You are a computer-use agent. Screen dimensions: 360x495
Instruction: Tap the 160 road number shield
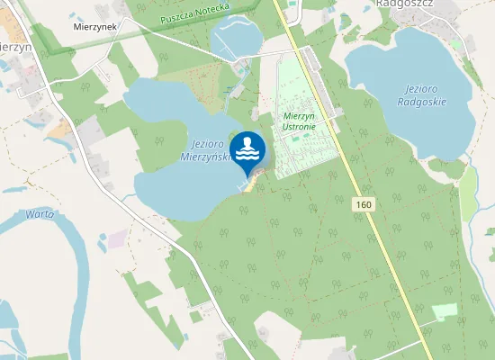point(363,205)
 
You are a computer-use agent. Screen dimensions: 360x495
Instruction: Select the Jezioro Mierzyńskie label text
point(207,150)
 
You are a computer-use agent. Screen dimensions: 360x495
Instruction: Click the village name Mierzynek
point(95,27)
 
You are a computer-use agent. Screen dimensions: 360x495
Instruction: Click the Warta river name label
point(41,214)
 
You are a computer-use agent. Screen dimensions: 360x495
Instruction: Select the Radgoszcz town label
point(406,4)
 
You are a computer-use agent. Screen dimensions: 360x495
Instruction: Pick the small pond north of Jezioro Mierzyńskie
point(235,36)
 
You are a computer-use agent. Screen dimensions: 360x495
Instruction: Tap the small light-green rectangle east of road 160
point(445,311)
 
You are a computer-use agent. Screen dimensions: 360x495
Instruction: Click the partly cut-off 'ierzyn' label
point(16,47)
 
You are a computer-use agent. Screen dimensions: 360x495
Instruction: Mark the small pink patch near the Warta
point(118,238)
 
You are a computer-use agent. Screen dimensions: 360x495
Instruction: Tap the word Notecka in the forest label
point(214,9)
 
